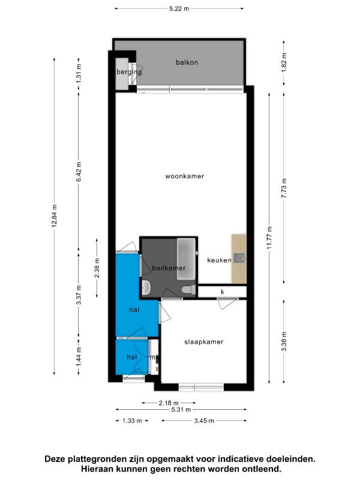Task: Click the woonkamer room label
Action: click(185, 176)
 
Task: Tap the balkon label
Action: click(187, 62)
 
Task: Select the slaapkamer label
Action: click(204, 341)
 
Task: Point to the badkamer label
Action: click(169, 268)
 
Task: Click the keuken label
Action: click(219, 260)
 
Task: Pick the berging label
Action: click(129, 72)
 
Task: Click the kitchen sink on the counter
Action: click(239, 258)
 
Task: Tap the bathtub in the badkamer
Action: click(186, 259)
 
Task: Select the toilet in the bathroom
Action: click(189, 290)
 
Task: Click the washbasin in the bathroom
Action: click(146, 288)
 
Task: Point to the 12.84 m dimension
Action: click(55, 216)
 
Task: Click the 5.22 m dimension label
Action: click(179, 8)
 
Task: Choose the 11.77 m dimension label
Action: click(269, 238)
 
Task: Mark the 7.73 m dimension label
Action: click(284, 188)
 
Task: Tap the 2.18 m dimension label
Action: click(169, 403)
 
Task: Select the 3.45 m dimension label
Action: click(204, 421)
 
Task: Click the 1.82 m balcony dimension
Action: click(284, 63)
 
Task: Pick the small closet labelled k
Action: click(222, 292)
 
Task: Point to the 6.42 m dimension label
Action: click(79, 172)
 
